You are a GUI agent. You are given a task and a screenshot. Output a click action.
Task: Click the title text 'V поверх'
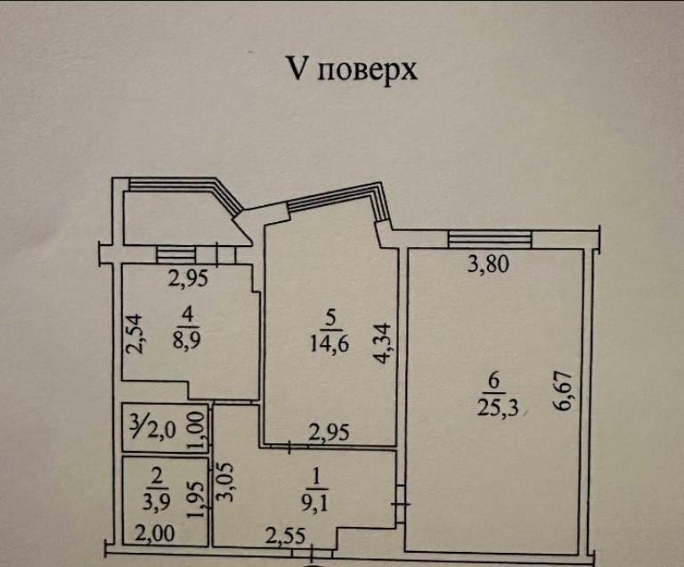click(351, 70)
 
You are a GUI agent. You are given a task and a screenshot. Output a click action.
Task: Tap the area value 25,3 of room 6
click(498, 408)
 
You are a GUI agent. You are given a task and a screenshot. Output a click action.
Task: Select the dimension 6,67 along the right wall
click(562, 391)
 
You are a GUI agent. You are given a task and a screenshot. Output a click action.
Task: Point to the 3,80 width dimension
click(488, 264)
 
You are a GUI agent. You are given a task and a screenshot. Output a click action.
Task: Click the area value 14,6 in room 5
click(330, 344)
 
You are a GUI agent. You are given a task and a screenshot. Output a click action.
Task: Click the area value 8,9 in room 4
click(186, 340)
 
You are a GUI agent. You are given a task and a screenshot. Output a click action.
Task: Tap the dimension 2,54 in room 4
click(134, 333)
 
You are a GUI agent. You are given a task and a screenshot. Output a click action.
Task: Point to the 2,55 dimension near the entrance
click(285, 536)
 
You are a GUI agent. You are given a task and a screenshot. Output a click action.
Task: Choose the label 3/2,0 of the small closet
click(152, 431)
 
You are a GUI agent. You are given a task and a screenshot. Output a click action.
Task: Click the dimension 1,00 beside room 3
click(196, 431)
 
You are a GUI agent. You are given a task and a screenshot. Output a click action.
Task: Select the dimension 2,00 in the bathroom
click(154, 533)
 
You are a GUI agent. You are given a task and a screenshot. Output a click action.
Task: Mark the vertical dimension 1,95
click(195, 500)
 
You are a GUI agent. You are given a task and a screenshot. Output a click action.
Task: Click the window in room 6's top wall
click(490, 240)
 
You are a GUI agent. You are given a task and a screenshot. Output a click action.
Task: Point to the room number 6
click(493, 382)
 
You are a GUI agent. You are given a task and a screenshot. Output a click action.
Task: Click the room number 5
click(331, 317)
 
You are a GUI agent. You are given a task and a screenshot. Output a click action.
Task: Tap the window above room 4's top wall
click(175, 255)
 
